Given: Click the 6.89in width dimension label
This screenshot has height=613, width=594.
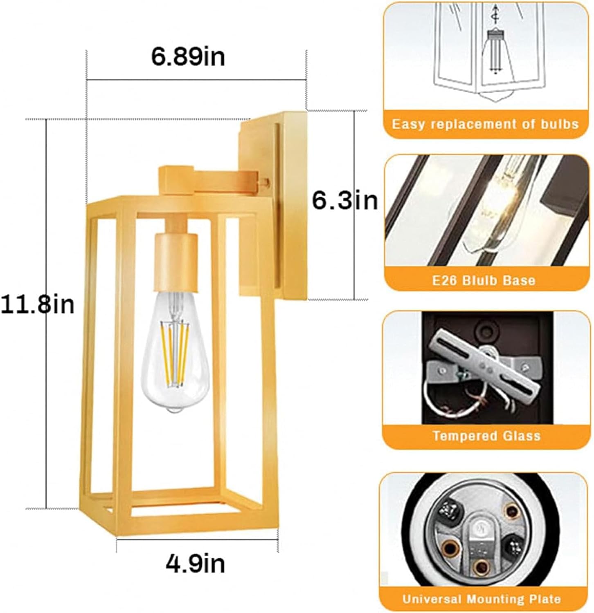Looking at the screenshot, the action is click(x=188, y=57).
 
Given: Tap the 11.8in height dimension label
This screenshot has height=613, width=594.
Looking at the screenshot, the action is click(x=38, y=304).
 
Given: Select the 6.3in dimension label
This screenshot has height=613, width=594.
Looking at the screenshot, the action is click(x=345, y=201).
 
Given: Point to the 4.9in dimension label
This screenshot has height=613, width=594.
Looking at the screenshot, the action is click(x=196, y=564).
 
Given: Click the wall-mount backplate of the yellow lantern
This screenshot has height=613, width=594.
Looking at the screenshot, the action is click(x=273, y=206).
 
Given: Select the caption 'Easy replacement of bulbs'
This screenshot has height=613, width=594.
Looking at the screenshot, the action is click(x=485, y=124).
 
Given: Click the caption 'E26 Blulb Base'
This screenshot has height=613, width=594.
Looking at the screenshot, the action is click(x=484, y=280).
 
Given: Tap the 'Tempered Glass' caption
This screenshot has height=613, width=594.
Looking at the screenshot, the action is click(x=487, y=436).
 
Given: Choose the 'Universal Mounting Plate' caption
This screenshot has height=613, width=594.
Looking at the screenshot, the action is click(x=482, y=599).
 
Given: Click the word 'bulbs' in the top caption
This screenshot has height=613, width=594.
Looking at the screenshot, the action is click(x=559, y=124).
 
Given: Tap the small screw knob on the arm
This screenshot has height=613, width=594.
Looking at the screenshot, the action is click(x=267, y=181).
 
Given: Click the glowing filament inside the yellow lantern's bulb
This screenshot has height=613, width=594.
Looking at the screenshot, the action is click(x=177, y=351).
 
